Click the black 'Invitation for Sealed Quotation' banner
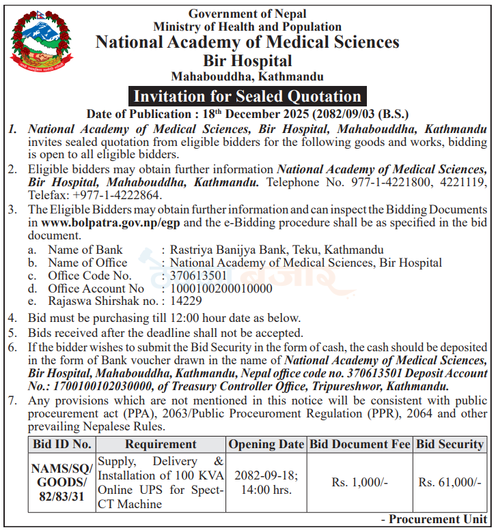tap(247, 96)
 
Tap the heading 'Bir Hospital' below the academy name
tap(247, 61)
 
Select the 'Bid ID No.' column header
tap(61, 444)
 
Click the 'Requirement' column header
tap(161, 444)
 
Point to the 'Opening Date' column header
tap(266, 444)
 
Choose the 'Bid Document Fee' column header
tap(359, 444)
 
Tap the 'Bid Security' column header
tap(450, 444)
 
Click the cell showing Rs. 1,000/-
tap(359, 482)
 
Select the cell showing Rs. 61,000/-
tap(450, 482)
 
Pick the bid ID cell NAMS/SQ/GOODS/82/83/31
tap(61, 482)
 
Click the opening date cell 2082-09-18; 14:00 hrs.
tap(266, 482)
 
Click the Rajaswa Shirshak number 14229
tap(186, 301)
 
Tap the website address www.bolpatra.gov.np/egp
tap(111, 222)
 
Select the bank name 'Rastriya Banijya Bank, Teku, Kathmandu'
tap(277, 250)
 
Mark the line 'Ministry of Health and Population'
tap(247, 27)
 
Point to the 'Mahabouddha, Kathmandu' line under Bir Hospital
tap(247, 76)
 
